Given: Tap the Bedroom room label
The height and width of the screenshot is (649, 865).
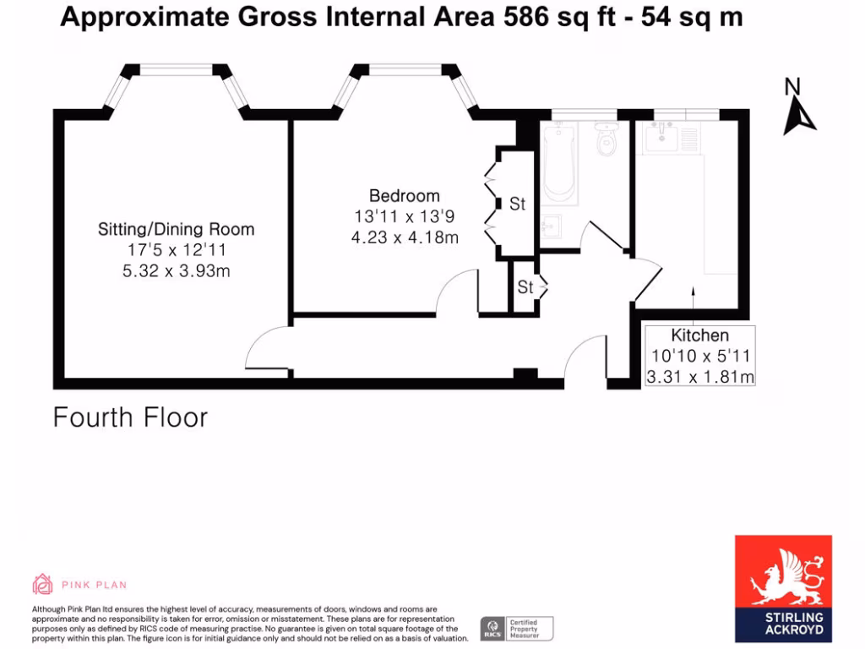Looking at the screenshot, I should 404,197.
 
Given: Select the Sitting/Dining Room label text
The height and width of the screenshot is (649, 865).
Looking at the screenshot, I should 176,229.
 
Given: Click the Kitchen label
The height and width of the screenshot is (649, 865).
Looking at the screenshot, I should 699,335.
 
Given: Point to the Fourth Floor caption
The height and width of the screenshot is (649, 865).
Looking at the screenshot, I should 130,417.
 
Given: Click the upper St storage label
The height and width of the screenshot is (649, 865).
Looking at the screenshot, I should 517,204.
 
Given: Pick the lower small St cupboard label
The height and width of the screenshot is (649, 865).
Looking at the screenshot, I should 525,287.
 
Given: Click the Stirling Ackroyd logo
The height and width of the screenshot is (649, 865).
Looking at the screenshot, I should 783,588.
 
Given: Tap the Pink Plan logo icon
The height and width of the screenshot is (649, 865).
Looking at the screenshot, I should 42,584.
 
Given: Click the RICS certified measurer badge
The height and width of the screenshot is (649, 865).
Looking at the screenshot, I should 517,628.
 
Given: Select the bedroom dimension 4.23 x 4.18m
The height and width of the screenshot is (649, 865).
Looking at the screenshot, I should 405,237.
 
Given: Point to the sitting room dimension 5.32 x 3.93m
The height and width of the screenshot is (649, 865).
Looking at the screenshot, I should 176,271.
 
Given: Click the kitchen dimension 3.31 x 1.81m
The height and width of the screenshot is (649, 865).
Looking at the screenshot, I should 699,377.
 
